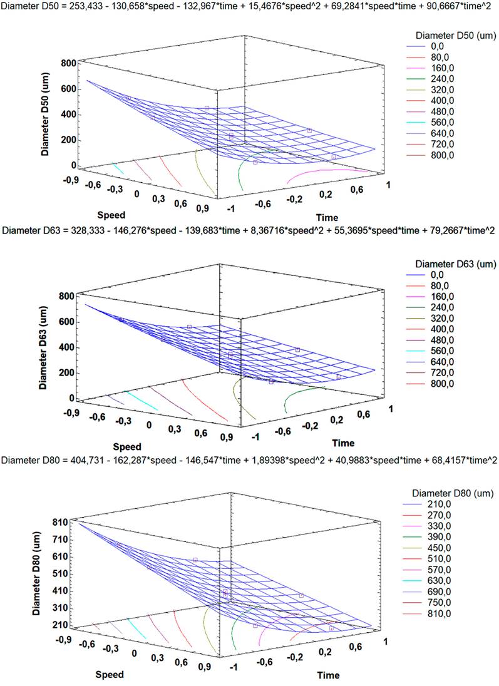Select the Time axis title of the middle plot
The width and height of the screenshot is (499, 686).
(x=343, y=443)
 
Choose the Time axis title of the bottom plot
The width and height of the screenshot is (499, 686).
(x=328, y=675)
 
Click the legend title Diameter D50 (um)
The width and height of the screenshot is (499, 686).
(x=449, y=34)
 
